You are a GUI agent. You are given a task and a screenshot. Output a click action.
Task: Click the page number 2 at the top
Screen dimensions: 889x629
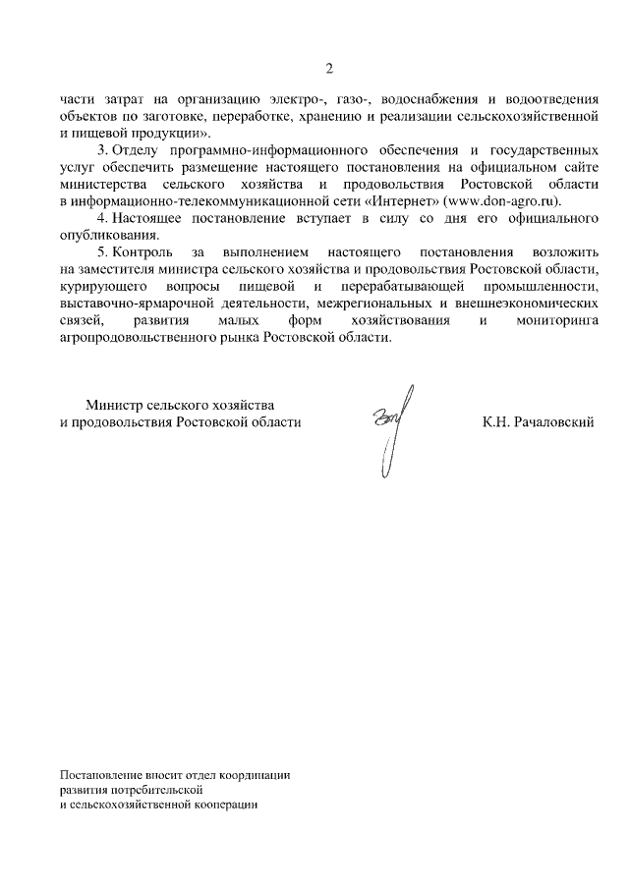[330, 68]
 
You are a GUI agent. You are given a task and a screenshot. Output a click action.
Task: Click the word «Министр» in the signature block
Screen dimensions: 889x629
[113, 405]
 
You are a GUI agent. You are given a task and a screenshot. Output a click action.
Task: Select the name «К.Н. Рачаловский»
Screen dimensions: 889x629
[538, 421]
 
